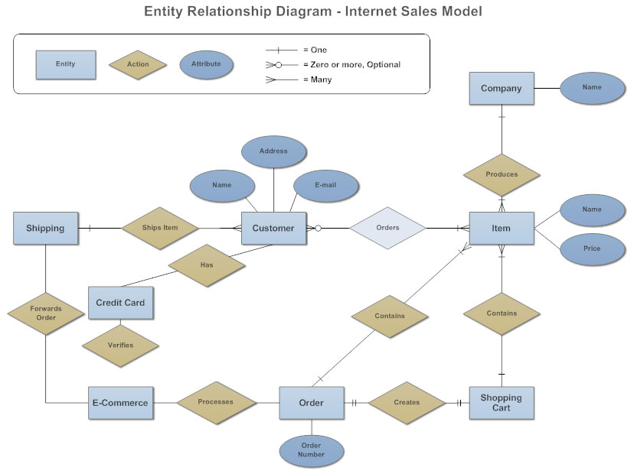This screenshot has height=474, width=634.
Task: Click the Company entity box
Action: coord(501,89)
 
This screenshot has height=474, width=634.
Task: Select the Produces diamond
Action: coord(502,174)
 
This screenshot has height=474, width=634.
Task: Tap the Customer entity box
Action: coord(273,228)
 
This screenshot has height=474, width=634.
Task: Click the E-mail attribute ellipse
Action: coord(325,186)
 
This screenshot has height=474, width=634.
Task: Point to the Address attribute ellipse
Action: coord(273,151)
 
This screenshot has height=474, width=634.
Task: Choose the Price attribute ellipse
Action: coord(592,248)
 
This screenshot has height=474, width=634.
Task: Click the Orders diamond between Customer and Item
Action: coord(387,228)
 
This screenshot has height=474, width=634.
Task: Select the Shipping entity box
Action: coord(45,228)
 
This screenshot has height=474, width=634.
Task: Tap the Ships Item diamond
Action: coord(160,228)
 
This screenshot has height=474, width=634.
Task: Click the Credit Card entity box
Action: coord(120,303)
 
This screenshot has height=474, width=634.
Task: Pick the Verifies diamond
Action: coord(120,345)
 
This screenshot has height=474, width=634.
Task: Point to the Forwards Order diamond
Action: coord(46,313)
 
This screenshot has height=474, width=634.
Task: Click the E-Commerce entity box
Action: coord(120,403)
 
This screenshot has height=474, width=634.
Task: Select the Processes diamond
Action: coord(216,402)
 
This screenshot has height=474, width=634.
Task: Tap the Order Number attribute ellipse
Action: coord(311,450)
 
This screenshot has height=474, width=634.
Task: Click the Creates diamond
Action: coord(407,402)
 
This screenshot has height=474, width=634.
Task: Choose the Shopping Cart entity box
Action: coord(501,403)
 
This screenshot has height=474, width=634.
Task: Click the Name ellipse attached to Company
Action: coord(592,88)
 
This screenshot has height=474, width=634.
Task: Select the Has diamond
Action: coord(207,265)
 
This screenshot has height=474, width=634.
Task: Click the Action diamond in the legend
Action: coord(139,64)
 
